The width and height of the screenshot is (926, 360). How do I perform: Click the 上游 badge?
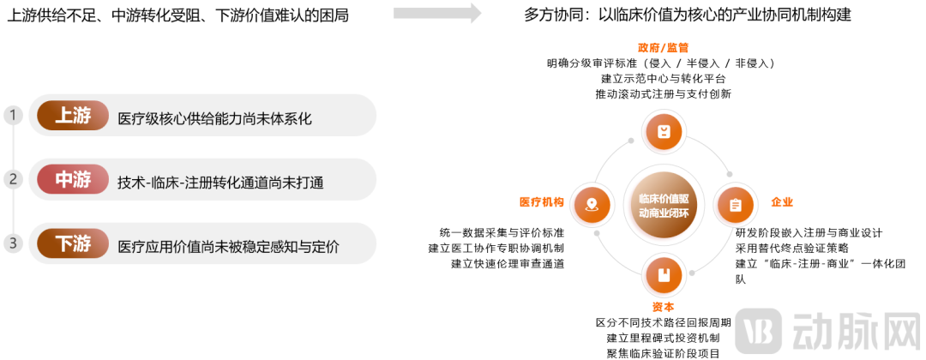pyautogui.click(x=73, y=116)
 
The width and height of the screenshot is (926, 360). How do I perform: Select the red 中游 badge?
pyautogui.click(x=73, y=179)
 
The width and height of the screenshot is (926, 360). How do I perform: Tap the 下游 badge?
pyautogui.click(x=73, y=243)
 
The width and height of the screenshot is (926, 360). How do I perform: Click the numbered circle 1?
pyautogui.click(x=13, y=115)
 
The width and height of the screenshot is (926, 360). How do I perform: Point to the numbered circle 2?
pyautogui.click(x=13, y=179)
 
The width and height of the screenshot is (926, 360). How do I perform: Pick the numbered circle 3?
pyautogui.click(x=13, y=243)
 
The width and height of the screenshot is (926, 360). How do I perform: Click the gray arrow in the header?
pyautogui.click(x=437, y=13)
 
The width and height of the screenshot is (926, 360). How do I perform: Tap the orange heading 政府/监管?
pyautogui.click(x=663, y=48)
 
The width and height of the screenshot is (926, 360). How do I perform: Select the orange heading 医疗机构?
pyautogui.click(x=542, y=202)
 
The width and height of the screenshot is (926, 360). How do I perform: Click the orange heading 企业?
pyautogui.click(x=782, y=202)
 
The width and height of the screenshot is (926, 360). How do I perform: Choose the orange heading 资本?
pyautogui.click(x=663, y=307)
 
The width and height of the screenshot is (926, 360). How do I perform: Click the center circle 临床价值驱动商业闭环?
pyautogui.click(x=663, y=205)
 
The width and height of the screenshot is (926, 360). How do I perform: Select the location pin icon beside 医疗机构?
pyautogui.click(x=591, y=205)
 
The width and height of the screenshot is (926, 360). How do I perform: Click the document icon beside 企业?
pyautogui.click(x=736, y=205)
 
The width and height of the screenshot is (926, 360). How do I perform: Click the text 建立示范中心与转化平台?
pyautogui.click(x=663, y=79)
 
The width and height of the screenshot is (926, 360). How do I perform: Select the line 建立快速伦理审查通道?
pyautogui.click(x=508, y=264)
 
